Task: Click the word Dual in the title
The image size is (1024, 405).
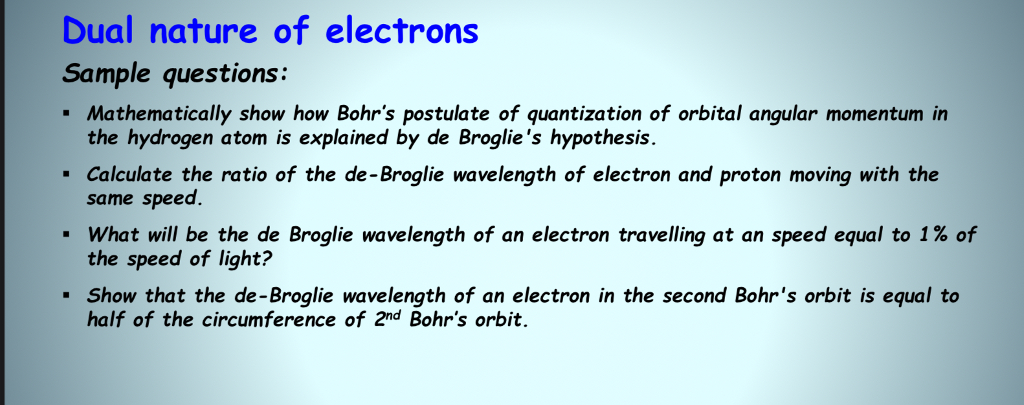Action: pos(97,30)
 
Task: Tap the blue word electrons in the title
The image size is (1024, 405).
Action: pos(402,30)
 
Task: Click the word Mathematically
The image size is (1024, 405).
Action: pos(159,114)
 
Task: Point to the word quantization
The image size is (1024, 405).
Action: pos(584,114)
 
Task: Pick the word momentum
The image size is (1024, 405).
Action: pos(874,114)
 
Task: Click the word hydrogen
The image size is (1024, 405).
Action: pos(170,138)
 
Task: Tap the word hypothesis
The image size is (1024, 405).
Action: pos(603,138)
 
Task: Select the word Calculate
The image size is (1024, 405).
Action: pos(129,174)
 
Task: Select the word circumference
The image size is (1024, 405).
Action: pos(269,319)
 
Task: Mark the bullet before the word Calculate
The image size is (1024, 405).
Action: pos(67,174)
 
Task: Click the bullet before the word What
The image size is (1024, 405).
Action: pos(67,235)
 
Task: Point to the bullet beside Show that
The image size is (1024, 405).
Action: pos(67,295)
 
